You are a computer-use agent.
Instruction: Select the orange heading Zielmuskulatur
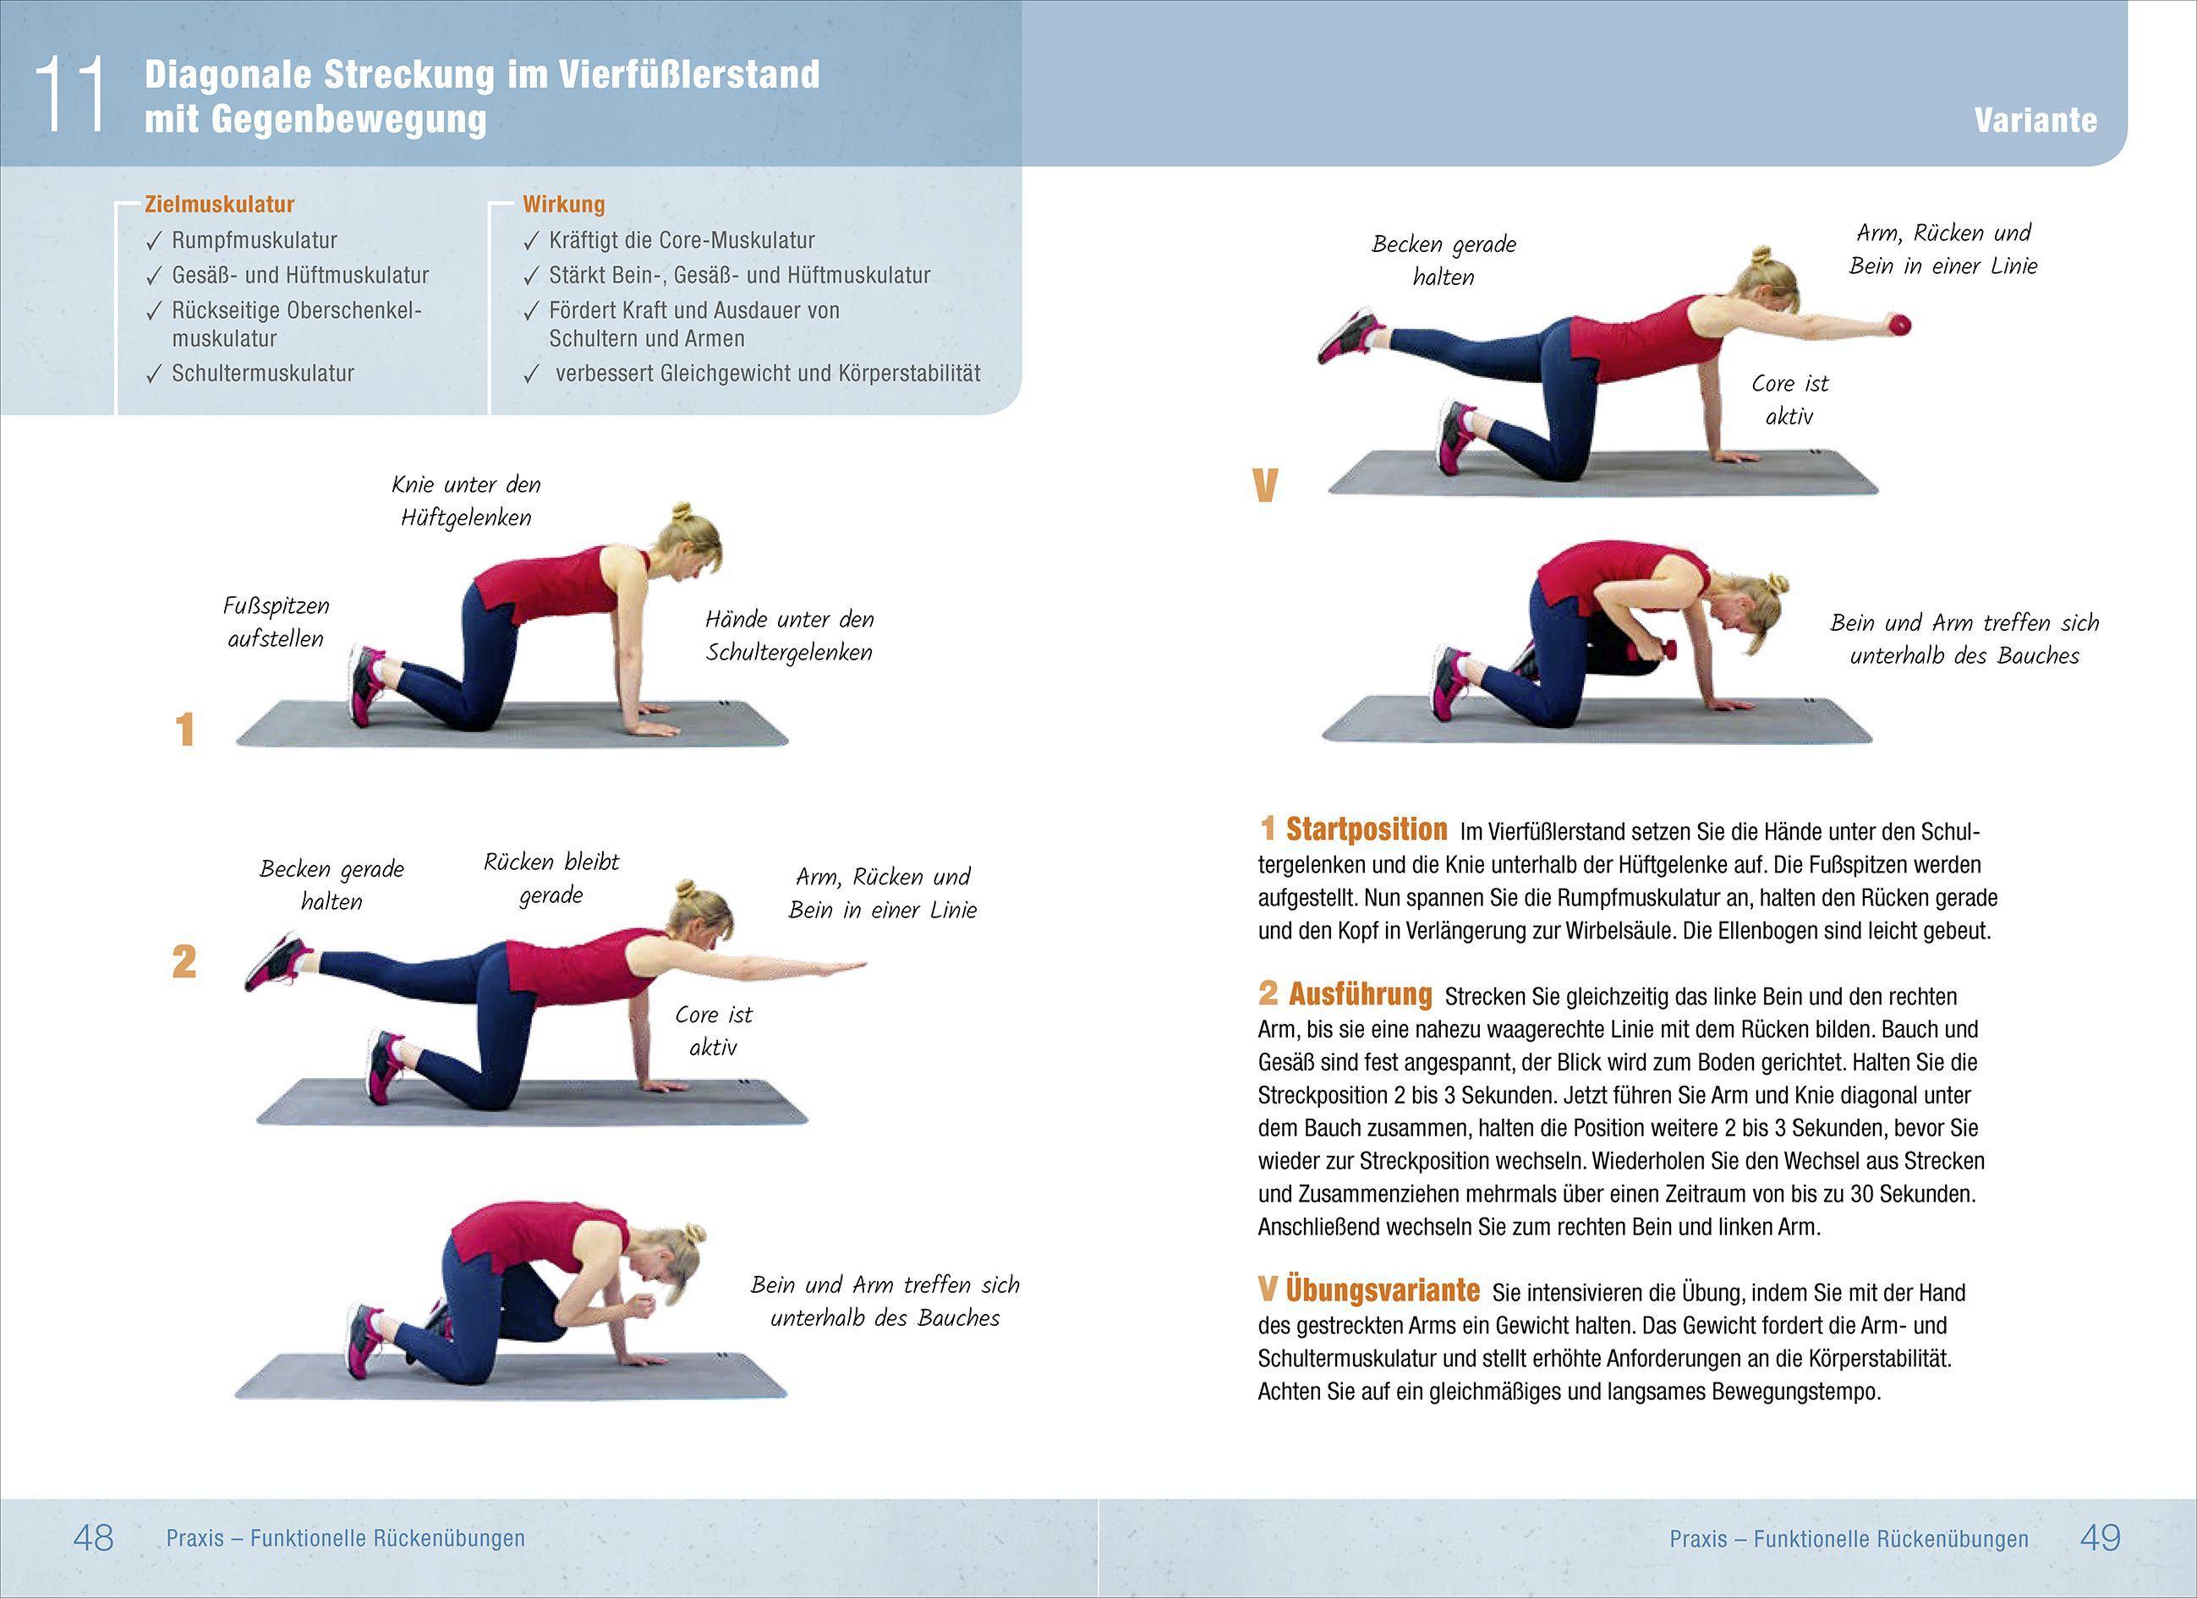pos(219,205)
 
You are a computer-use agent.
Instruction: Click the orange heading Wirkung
pos(563,205)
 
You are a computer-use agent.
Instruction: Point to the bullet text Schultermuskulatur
pos(262,374)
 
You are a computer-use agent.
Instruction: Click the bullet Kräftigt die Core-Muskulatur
pos(681,240)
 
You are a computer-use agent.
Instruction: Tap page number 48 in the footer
pos(93,1537)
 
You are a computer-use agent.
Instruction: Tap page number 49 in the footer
pos(2099,1537)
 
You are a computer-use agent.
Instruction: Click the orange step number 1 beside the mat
pos(184,731)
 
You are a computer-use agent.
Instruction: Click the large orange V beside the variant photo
pos(1265,486)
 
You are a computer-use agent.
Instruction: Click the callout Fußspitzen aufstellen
pos(275,621)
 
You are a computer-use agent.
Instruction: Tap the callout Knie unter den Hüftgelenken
pos(466,501)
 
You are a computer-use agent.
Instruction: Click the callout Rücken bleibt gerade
pos(551,878)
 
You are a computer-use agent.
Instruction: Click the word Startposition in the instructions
pos(1365,830)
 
